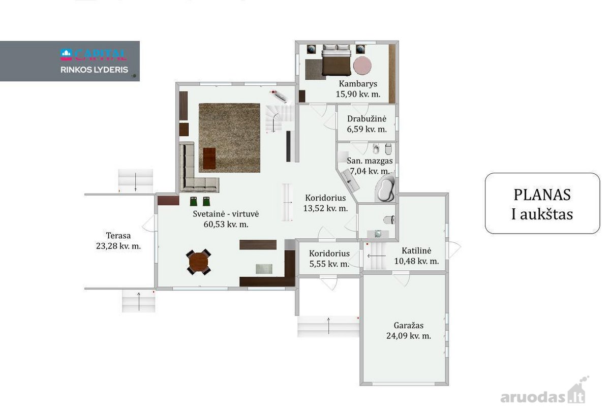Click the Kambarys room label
(x=358, y=84)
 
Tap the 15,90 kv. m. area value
(x=358, y=94)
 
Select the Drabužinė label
(x=367, y=119)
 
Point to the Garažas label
(x=409, y=325)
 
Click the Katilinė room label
(x=416, y=250)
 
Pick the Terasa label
(x=118, y=235)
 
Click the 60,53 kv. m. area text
(x=226, y=225)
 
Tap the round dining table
(x=199, y=262)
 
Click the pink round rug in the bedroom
(x=362, y=66)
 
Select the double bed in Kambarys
(x=336, y=60)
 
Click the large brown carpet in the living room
(x=229, y=138)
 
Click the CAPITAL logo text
(x=94, y=55)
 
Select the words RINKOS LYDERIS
(x=94, y=70)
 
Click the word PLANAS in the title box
(x=542, y=195)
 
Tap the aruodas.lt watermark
(x=543, y=393)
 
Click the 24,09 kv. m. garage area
(x=409, y=336)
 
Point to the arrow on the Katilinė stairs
(x=376, y=256)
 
